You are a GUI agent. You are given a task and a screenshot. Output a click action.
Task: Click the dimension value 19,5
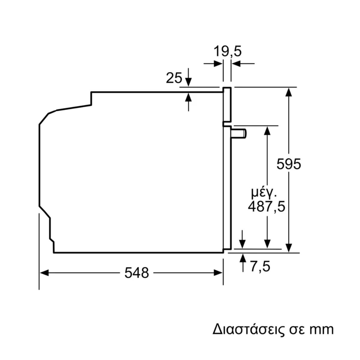click(227, 51)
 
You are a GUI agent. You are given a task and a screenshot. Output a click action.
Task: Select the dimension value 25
click(174, 78)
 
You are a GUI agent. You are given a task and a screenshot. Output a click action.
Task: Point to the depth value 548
click(136, 273)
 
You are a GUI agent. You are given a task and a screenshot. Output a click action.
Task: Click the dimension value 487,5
click(267, 207)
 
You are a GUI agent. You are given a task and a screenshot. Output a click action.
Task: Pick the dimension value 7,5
click(260, 266)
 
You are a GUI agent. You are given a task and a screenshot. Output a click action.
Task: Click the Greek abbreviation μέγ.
click(264, 193)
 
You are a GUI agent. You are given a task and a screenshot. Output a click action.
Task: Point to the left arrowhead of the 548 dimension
click(44, 273)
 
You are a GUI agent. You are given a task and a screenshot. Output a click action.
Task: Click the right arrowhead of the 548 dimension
click(218, 273)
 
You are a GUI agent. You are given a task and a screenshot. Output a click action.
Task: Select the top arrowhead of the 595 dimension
click(289, 92)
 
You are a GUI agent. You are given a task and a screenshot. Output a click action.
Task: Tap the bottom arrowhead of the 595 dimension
click(289, 248)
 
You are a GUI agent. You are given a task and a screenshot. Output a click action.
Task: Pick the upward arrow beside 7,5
click(243, 263)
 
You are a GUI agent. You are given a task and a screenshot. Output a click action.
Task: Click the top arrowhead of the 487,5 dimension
click(268, 130)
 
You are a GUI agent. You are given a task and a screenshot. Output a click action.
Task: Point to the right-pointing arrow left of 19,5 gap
click(213, 64)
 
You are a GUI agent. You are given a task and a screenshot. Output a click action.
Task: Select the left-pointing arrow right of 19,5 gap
click(243, 64)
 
